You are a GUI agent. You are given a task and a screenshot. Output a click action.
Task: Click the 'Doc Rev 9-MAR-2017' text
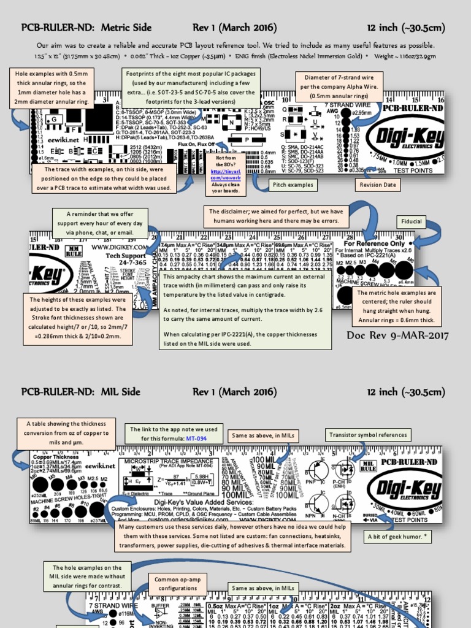(x=397, y=335)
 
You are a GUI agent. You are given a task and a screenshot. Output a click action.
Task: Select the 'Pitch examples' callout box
(x=292, y=185)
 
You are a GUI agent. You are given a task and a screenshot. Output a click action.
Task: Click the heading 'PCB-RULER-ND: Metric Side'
(x=86, y=28)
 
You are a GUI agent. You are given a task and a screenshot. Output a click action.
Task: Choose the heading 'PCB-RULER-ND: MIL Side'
(x=81, y=392)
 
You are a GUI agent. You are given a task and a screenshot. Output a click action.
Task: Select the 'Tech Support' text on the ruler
(x=126, y=255)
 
